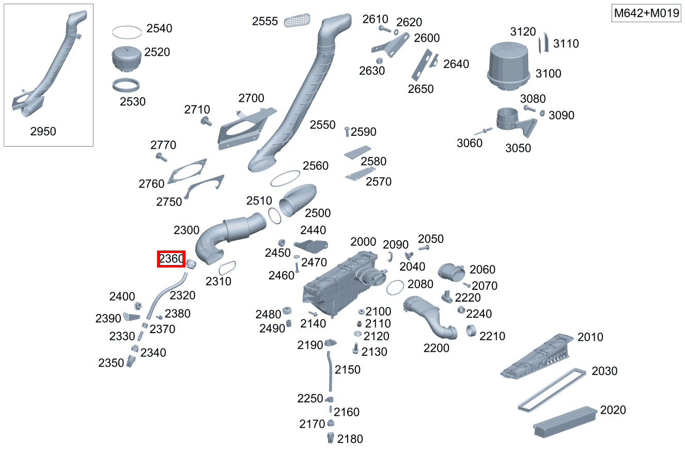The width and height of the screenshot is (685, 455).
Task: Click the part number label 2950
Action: (43, 131)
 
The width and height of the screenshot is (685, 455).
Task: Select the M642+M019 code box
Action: (646, 13)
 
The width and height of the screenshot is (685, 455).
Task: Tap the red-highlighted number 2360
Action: (171, 259)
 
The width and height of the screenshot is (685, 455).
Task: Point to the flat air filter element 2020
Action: (564, 422)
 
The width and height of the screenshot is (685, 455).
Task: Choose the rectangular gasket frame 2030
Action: (552, 390)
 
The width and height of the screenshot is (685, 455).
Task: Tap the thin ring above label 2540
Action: (127, 32)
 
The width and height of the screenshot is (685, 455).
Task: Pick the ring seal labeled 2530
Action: (127, 85)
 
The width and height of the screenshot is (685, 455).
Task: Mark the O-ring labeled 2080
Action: (395, 287)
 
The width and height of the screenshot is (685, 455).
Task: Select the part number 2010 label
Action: (590, 337)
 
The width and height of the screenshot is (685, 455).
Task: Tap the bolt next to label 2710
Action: (208, 121)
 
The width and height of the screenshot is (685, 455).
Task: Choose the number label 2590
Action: (364, 132)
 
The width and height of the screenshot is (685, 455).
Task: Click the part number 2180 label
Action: (350, 439)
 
